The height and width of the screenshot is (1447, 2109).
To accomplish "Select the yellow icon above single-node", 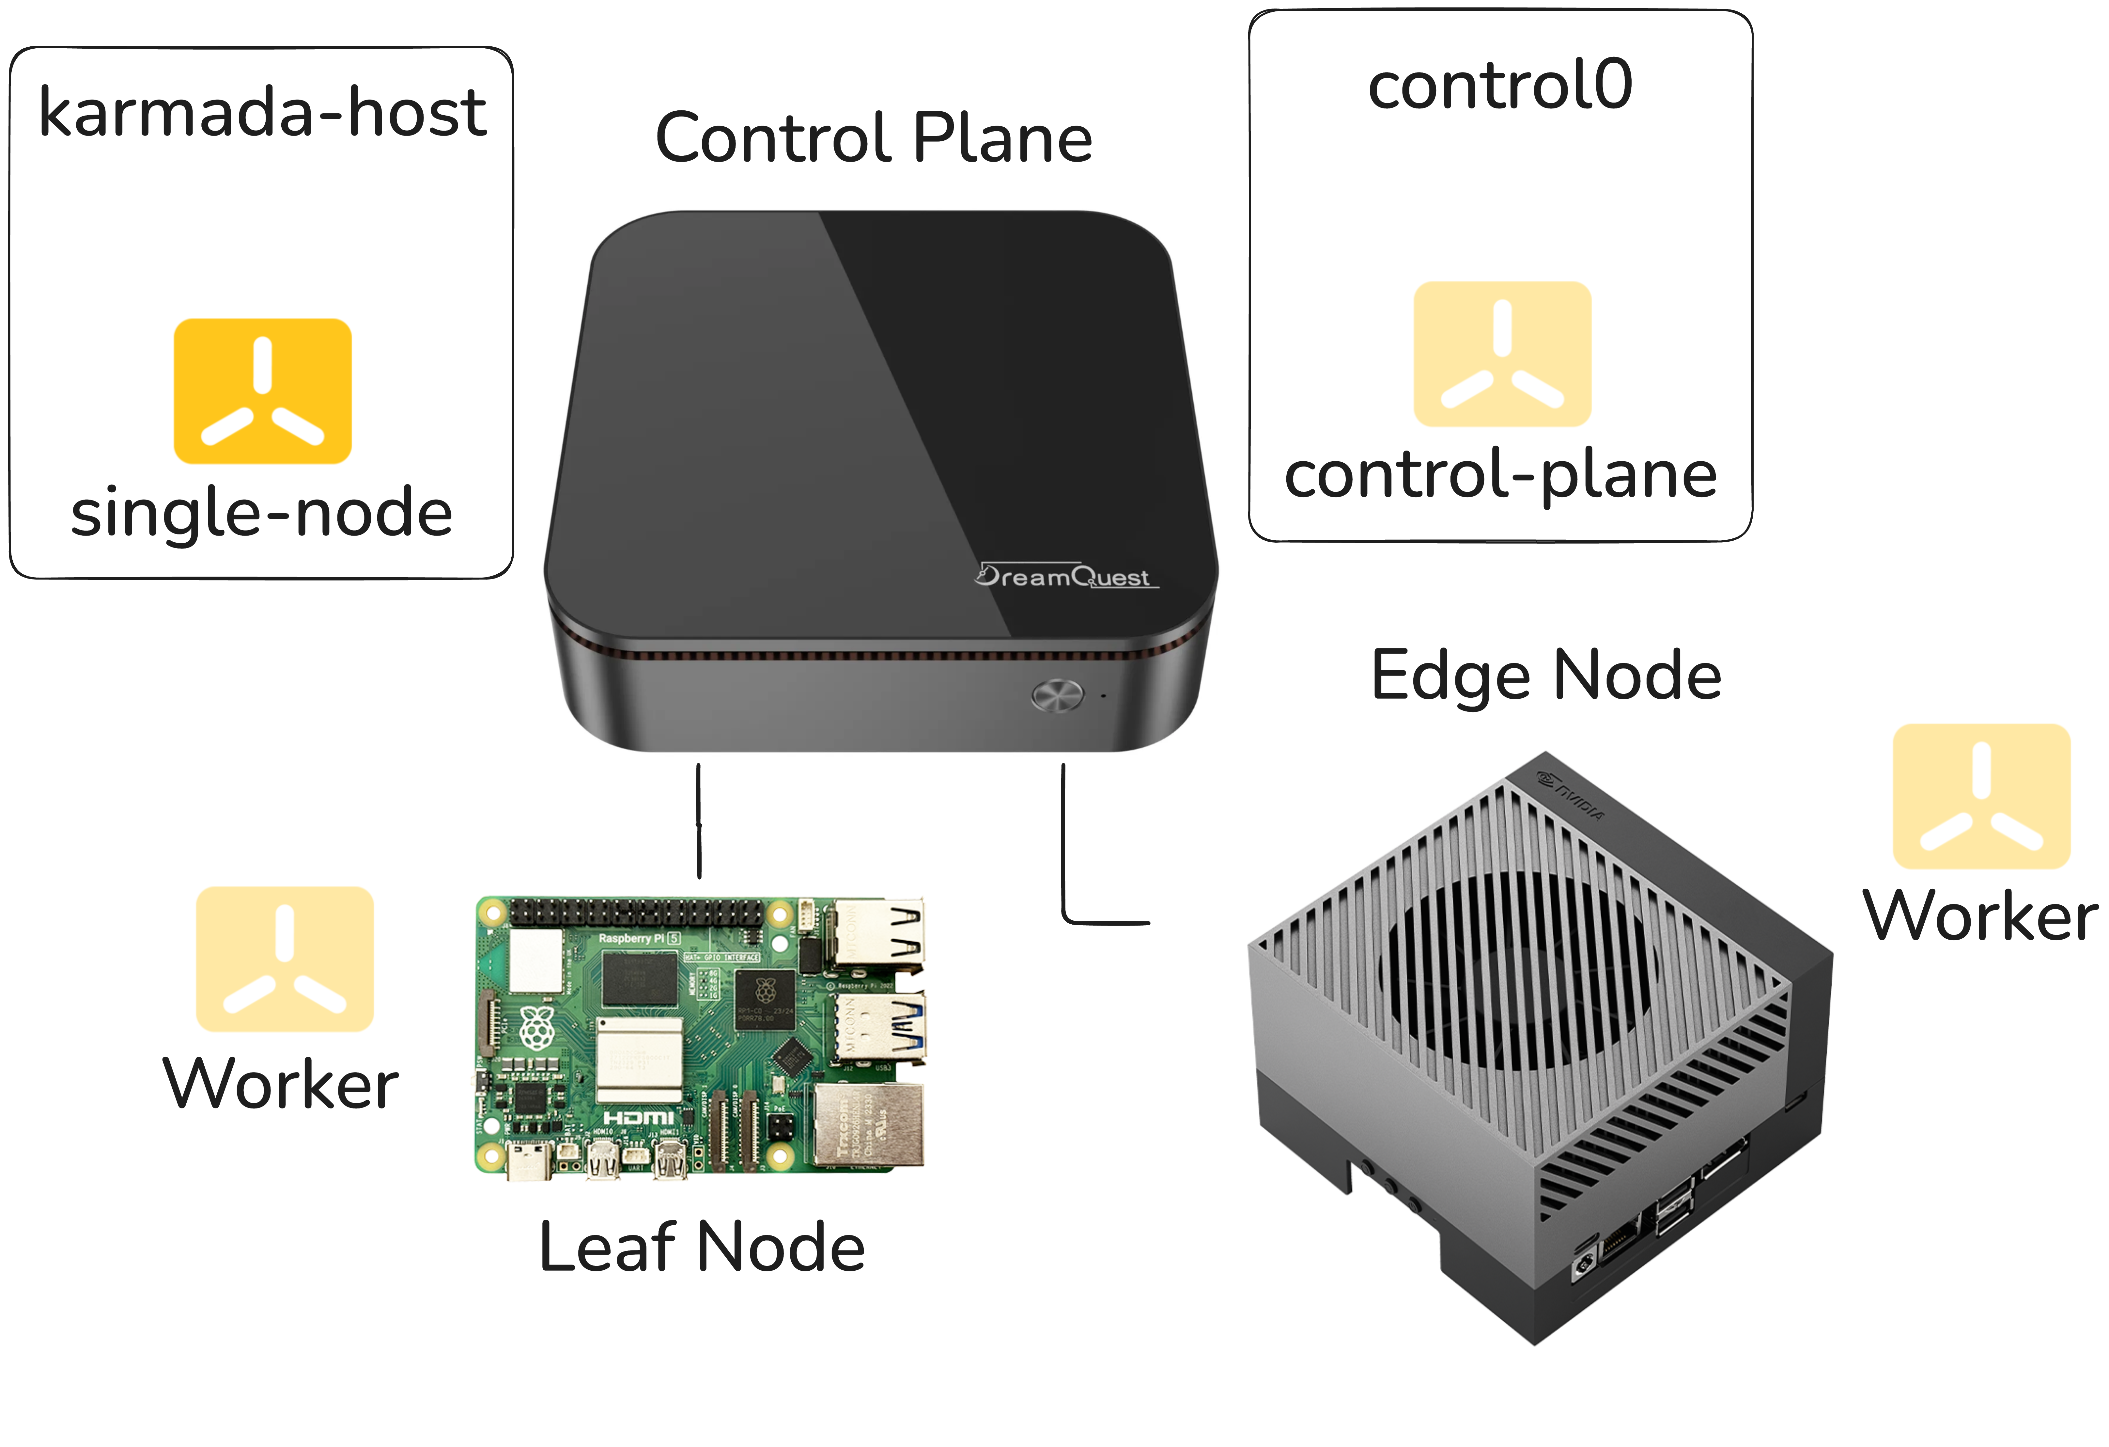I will click(262, 391).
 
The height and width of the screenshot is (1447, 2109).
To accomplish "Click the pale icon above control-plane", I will click(1502, 354).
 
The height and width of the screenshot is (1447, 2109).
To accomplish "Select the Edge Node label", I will click(1545, 676).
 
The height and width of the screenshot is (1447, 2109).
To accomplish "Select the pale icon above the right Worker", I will click(1981, 795).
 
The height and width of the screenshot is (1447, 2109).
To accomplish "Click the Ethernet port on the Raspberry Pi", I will click(868, 1126).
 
